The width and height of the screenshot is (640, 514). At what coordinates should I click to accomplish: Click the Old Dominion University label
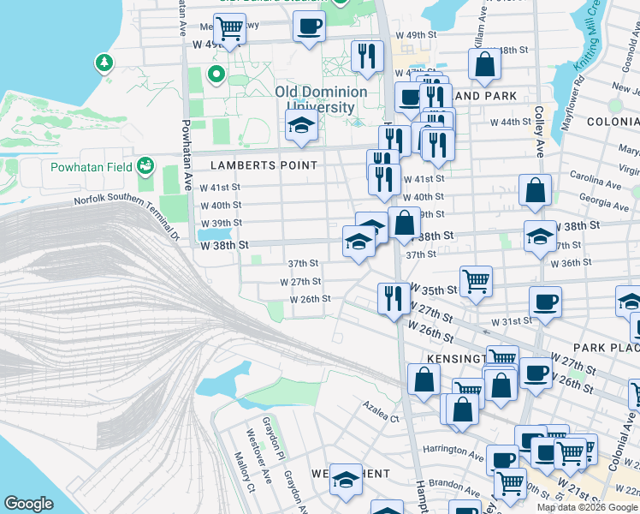click(x=321, y=99)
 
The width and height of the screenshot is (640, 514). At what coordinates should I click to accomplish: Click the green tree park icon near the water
click(x=104, y=63)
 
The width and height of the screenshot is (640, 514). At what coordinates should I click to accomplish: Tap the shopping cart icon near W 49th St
click(x=229, y=28)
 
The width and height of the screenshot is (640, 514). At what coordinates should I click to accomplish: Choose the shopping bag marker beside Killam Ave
click(x=484, y=63)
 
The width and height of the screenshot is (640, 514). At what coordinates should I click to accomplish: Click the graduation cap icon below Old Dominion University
click(x=301, y=125)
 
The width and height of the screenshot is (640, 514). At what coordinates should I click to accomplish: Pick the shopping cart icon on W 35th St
click(x=476, y=279)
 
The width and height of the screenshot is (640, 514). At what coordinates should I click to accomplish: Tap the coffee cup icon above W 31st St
click(x=545, y=301)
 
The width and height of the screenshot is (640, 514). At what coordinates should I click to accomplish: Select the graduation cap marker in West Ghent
click(x=346, y=481)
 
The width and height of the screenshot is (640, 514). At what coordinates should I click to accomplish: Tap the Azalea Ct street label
click(x=381, y=418)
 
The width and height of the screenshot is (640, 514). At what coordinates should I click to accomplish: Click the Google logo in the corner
click(x=28, y=504)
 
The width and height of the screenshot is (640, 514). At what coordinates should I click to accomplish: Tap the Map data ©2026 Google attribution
click(x=587, y=507)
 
